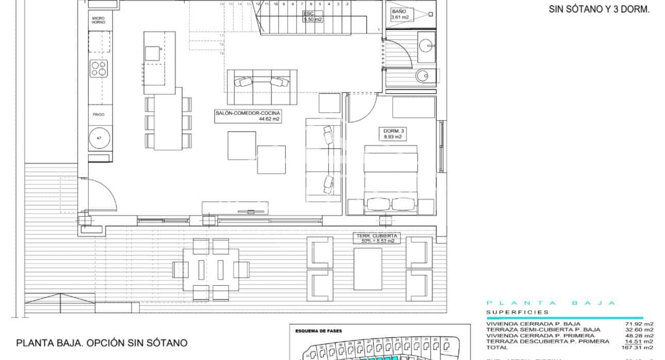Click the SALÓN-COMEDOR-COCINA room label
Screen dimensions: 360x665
(x=248, y=116)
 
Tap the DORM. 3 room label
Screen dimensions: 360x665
(x=394, y=134)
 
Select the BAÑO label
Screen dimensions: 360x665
(x=400, y=14)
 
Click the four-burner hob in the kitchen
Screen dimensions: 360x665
(x=99, y=69)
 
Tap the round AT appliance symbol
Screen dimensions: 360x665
(x=98, y=138)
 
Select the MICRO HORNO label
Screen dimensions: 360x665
(x=98, y=20)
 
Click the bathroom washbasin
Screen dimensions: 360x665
(x=426, y=45)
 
